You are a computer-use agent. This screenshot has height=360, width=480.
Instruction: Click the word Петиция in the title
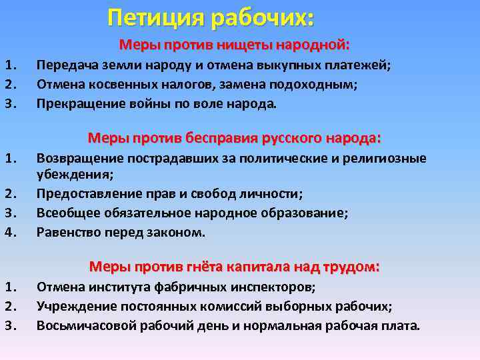(155, 18)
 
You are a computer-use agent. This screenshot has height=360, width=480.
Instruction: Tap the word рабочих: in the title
(261, 18)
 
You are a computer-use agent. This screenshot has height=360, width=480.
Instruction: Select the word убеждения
(74, 175)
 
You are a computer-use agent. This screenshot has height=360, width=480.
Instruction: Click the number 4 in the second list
(9, 233)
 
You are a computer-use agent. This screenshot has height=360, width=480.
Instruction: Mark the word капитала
(252, 267)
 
